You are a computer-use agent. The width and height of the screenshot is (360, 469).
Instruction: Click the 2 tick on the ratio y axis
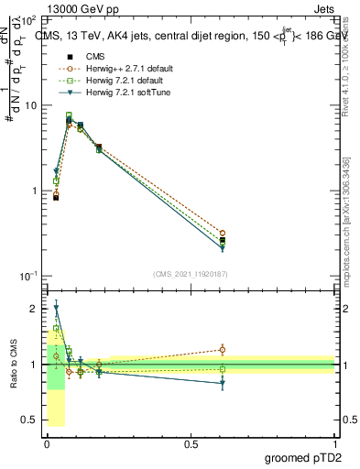coord(36,309)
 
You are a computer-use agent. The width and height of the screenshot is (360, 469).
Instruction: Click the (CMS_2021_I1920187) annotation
coord(191,273)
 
